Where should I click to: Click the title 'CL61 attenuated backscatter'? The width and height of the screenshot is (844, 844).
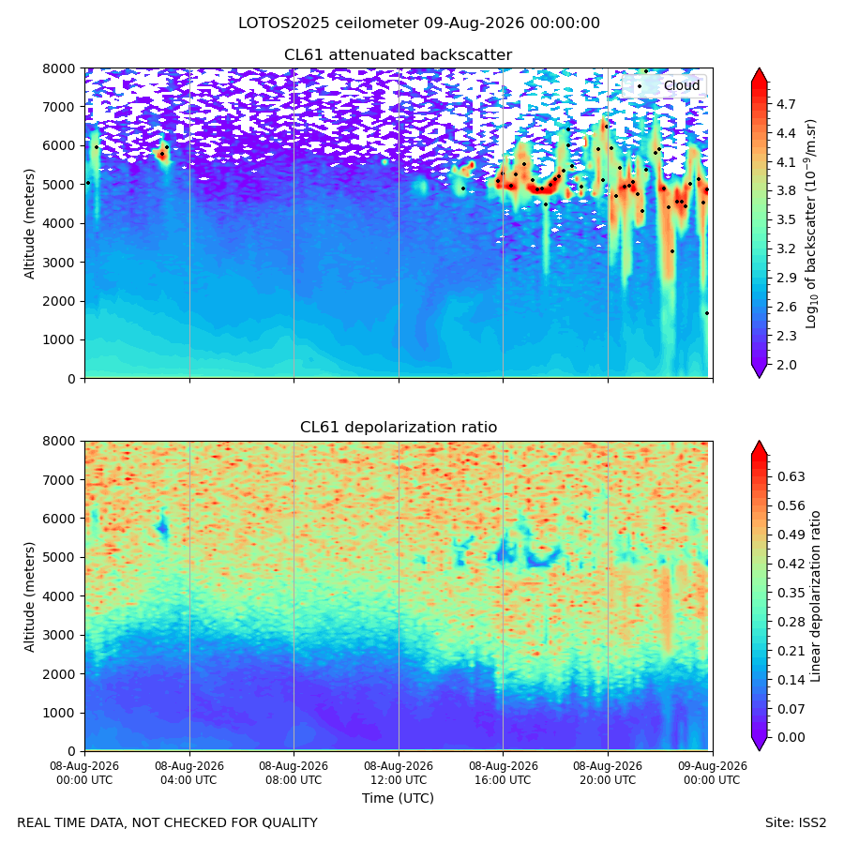[x=398, y=55]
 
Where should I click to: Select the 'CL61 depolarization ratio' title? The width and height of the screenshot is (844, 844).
[x=399, y=428]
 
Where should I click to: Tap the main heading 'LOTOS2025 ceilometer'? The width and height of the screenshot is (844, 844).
[x=328, y=23]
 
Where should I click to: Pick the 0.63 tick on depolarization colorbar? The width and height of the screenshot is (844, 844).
[x=791, y=477]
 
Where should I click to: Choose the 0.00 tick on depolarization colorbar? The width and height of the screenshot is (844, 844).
[x=791, y=737]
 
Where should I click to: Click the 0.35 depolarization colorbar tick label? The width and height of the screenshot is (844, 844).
[x=791, y=593]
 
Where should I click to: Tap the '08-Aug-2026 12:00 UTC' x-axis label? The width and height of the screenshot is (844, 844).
[x=399, y=773]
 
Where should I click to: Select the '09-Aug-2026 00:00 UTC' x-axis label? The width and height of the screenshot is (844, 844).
[x=713, y=773]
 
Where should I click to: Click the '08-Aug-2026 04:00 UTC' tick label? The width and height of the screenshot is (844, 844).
[x=188, y=773]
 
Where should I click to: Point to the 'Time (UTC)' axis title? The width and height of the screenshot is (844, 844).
[x=398, y=798]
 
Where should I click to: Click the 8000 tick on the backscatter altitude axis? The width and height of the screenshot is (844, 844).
[x=59, y=68]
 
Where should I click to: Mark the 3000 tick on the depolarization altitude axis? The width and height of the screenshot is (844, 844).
[x=59, y=635]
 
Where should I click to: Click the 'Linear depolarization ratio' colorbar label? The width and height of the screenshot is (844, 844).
[x=816, y=596]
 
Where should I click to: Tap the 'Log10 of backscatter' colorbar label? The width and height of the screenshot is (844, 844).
[x=811, y=224]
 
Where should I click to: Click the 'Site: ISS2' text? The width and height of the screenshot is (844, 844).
[x=795, y=823]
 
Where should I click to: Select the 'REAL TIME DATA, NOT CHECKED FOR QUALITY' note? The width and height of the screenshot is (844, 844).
[x=168, y=823]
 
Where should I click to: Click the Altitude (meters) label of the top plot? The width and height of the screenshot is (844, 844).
[x=29, y=224]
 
